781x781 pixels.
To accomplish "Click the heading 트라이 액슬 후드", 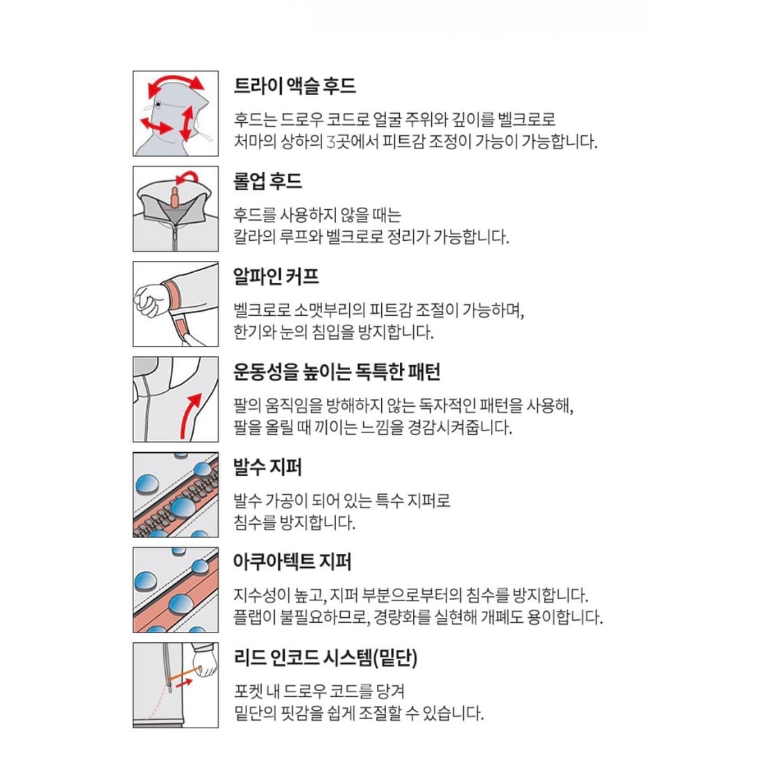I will pyautogui.click(x=294, y=86).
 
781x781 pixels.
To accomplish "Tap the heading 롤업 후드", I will pyautogui.click(x=267, y=181).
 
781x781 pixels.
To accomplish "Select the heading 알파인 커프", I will pyautogui.click(x=276, y=276).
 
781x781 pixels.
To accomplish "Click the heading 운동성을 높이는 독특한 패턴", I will pyautogui.click(x=337, y=371).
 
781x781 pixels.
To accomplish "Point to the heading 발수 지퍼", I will pyautogui.click(x=267, y=467).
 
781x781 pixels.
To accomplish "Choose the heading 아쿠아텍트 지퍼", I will pyautogui.click(x=292, y=562).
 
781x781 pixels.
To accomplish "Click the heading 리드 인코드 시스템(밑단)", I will pyautogui.click(x=325, y=657).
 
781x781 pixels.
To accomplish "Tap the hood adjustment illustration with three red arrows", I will pyautogui.click(x=176, y=113).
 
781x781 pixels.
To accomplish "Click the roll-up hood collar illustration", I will pyautogui.click(x=176, y=208).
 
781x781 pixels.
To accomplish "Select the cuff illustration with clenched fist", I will pyautogui.click(x=176, y=304).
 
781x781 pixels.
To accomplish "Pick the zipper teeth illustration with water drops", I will pyautogui.click(x=176, y=494).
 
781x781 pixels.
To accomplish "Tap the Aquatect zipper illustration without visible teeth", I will pyautogui.click(x=176, y=589).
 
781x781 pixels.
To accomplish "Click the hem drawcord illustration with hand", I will pyautogui.click(x=176, y=685).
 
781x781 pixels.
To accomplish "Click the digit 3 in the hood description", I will pyautogui.click(x=330, y=142).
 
